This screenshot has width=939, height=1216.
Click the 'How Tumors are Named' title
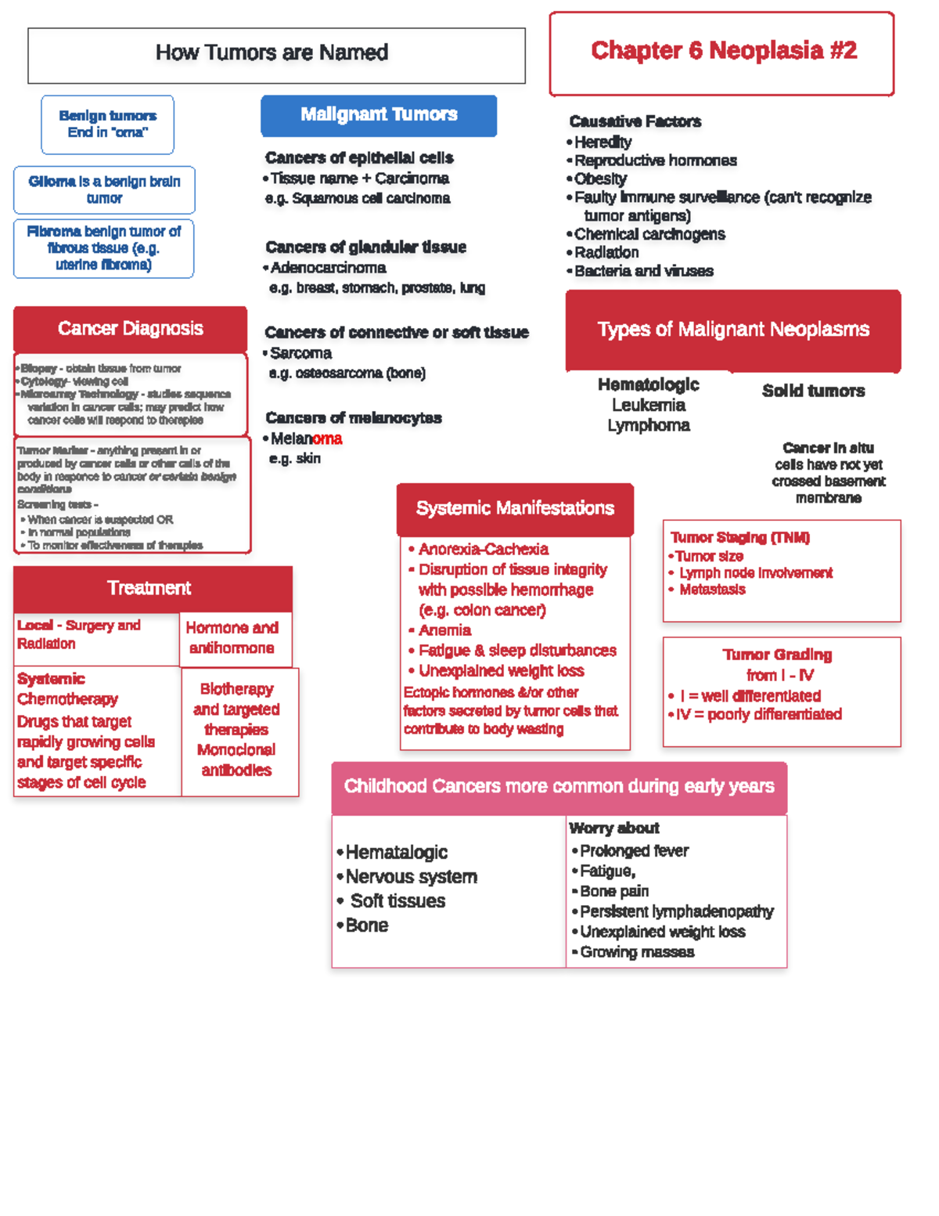click(x=272, y=52)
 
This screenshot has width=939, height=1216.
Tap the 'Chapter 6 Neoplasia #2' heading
click(x=723, y=51)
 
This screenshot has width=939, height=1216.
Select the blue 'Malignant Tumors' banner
click(x=379, y=114)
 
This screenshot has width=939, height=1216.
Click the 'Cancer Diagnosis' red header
click(x=130, y=329)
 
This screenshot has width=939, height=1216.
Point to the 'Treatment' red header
click(x=149, y=588)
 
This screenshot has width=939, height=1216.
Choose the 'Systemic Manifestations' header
click(x=515, y=508)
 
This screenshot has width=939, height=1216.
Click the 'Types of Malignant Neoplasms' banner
click(x=733, y=330)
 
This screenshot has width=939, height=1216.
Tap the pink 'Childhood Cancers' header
click(x=559, y=786)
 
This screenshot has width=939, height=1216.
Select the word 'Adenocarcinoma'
click(x=328, y=268)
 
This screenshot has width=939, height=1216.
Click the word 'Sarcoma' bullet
click(x=301, y=353)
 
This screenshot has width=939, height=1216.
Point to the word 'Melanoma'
click(x=306, y=438)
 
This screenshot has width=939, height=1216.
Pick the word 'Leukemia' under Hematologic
click(x=649, y=405)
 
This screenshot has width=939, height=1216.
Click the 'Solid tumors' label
click(x=813, y=391)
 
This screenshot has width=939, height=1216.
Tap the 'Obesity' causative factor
click(x=600, y=179)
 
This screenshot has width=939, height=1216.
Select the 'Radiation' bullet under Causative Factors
click(x=606, y=252)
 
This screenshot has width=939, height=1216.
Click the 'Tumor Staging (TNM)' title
click(x=739, y=537)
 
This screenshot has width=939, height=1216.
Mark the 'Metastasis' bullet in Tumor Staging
click(x=712, y=590)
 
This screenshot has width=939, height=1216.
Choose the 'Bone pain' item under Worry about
click(x=614, y=891)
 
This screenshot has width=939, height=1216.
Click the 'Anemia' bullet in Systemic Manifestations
click(x=444, y=630)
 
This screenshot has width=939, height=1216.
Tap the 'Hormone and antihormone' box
click(x=232, y=638)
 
